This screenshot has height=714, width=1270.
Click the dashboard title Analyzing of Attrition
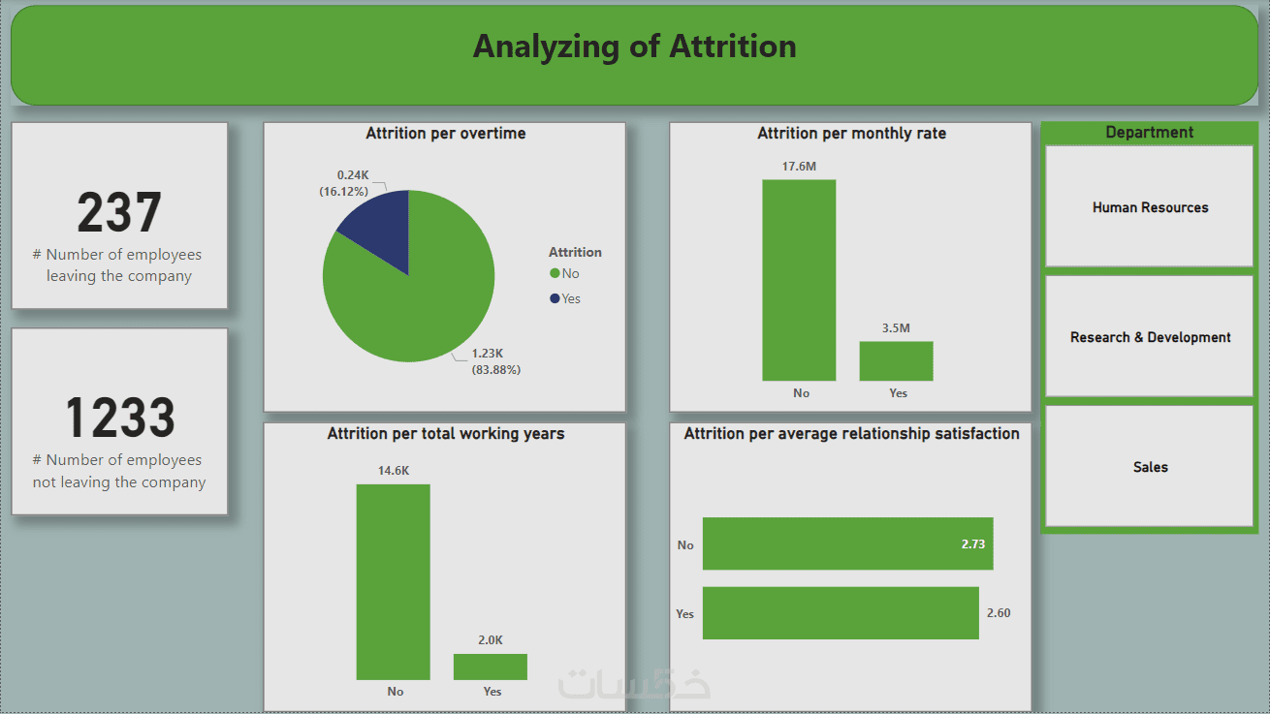click(634, 47)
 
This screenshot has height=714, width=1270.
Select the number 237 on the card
click(119, 213)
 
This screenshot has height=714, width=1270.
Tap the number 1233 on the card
click(119, 419)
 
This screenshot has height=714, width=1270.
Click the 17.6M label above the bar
click(799, 167)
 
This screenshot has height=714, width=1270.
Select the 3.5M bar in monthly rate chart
click(896, 360)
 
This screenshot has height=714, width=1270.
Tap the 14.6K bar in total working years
click(393, 581)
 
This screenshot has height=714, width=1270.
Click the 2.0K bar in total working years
click(490, 667)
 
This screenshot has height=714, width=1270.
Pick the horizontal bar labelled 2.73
click(847, 543)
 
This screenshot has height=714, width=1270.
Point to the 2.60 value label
click(999, 613)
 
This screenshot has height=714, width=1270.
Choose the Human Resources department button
click(1150, 207)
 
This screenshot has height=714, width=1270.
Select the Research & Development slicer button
click(1150, 337)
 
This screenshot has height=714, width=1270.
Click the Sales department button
click(1150, 467)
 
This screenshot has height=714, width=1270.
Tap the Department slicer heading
click(1150, 133)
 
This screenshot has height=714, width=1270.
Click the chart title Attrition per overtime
click(446, 134)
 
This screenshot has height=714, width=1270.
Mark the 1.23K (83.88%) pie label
click(495, 362)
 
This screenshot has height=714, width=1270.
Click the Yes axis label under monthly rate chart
click(898, 393)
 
